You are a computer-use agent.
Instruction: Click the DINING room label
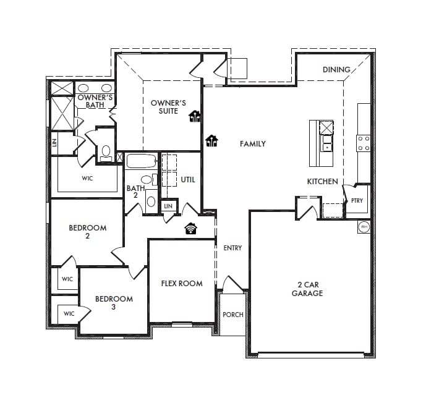coord(336,70)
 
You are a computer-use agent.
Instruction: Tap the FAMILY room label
coord(253,144)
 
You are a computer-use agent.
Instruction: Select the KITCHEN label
coord(323,182)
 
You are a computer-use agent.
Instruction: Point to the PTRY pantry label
coord(357,200)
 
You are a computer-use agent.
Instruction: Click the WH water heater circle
coord(364,227)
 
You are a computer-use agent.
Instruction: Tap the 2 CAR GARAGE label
coord(307,289)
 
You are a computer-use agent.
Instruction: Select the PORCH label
coord(233,315)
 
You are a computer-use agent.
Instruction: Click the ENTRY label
coord(232,248)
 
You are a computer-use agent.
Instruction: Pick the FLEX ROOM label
coord(182,284)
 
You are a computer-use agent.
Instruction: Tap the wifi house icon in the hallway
coord(190,229)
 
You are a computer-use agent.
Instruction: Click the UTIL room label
coord(188,180)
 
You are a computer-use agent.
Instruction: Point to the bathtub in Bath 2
coord(141,161)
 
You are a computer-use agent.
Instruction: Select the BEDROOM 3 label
coord(114,303)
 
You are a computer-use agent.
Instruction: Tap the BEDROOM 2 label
coord(87,231)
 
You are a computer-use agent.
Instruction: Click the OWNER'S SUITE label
coord(168,107)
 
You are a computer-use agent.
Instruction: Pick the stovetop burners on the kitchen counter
coord(364,143)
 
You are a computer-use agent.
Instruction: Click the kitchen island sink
coord(326,143)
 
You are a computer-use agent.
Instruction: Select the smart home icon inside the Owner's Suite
coord(195,116)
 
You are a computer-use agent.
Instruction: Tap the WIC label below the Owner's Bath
coord(87,178)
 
